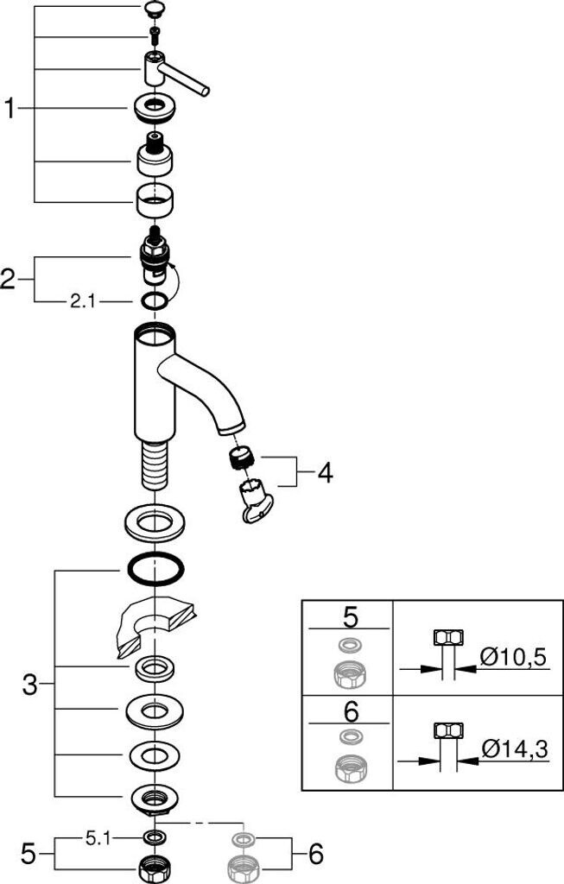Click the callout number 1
[10, 109]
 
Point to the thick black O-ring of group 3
[155, 571]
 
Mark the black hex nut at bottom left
[155, 867]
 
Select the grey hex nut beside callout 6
[242, 867]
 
